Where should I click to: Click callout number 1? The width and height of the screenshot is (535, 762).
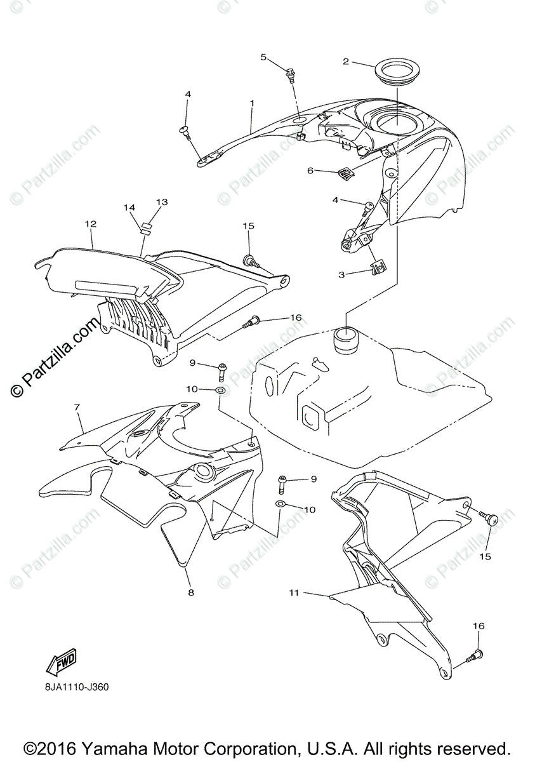252,103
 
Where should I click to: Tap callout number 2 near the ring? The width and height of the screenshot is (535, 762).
346,62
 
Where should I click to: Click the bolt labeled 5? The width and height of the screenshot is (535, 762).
292,75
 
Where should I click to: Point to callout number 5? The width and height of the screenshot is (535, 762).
263,57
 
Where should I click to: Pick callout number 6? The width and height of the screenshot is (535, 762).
310,170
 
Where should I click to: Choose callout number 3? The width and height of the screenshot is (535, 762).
341,275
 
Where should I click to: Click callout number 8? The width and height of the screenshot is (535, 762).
190,592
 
